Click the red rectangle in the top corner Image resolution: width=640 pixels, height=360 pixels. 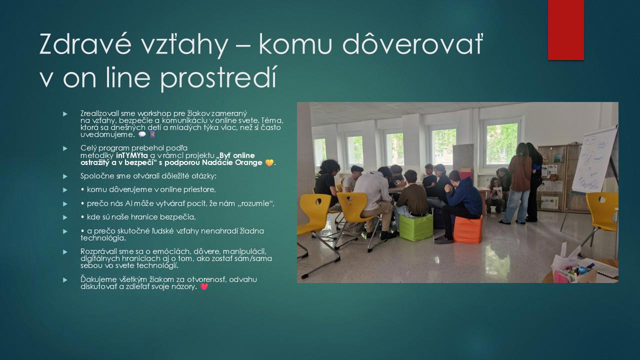[x=565, y=30]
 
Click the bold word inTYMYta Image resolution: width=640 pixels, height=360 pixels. [x=132, y=155]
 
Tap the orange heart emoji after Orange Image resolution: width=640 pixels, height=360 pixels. [x=269, y=162]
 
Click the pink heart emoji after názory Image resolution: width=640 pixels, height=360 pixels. [x=204, y=286]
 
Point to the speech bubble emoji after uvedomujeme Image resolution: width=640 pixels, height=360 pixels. [x=142, y=134]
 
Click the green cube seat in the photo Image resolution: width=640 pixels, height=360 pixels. [x=415, y=227]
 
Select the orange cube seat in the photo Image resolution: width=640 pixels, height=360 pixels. [x=467, y=229]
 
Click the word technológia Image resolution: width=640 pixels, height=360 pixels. [x=103, y=238]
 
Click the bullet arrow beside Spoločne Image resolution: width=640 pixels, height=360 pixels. [x=65, y=176]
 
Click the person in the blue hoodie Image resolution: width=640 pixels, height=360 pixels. [x=461, y=205]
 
